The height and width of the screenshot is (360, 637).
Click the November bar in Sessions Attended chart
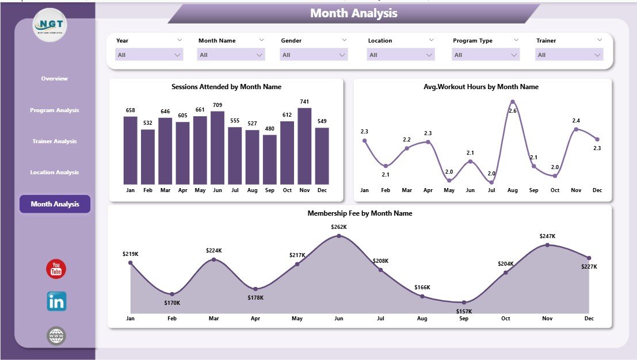(x=304, y=145)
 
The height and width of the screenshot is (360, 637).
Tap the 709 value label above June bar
(x=217, y=105)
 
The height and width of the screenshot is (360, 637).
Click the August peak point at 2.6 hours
(x=512, y=102)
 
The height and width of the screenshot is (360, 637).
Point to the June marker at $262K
(x=338, y=235)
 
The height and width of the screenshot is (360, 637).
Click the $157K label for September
(x=464, y=311)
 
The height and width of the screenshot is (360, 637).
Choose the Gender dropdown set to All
(x=314, y=55)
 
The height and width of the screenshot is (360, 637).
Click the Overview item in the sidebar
(x=55, y=79)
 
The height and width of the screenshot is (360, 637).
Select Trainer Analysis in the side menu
(x=55, y=141)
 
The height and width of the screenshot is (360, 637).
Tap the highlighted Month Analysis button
(x=55, y=204)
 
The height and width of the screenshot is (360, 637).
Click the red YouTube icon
(x=56, y=269)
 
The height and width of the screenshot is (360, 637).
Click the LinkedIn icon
(x=56, y=301)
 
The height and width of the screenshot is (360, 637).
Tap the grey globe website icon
(x=56, y=336)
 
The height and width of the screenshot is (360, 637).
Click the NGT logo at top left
(x=51, y=25)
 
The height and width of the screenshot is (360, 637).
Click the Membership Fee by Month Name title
(x=360, y=213)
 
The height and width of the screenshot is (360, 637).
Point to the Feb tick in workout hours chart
(x=386, y=190)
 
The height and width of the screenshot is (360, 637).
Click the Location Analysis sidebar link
(x=55, y=173)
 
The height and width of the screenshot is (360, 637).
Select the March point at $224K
(x=213, y=259)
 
